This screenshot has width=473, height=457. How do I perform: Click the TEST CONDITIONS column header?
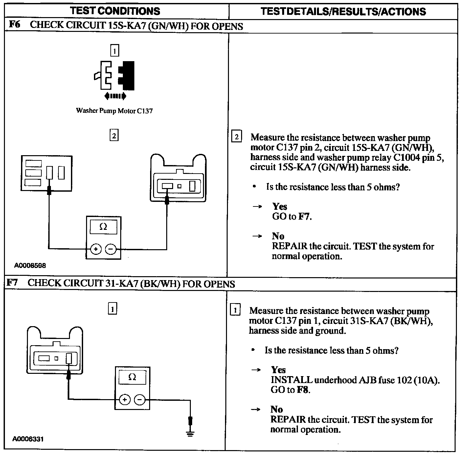point(115,11)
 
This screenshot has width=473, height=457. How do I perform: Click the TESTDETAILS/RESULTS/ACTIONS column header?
point(343,12)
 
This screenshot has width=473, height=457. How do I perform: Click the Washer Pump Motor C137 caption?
point(114,111)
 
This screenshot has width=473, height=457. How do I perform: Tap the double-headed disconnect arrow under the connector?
point(115,96)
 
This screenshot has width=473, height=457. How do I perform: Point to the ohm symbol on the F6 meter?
point(103,227)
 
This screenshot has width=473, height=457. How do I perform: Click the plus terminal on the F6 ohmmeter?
point(96,249)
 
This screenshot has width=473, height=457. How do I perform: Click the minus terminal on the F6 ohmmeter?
point(110,249)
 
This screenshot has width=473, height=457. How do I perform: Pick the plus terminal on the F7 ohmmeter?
point(124,399)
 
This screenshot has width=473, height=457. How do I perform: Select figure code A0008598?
point(30,265)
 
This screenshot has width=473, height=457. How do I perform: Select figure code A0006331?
point(28,439)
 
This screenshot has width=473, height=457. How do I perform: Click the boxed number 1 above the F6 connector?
point(114,51)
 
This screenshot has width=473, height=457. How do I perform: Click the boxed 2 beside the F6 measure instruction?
point(236,136)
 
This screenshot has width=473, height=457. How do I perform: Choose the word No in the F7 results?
point(277,409)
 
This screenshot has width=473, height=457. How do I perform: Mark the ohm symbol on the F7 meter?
point(132,377)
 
